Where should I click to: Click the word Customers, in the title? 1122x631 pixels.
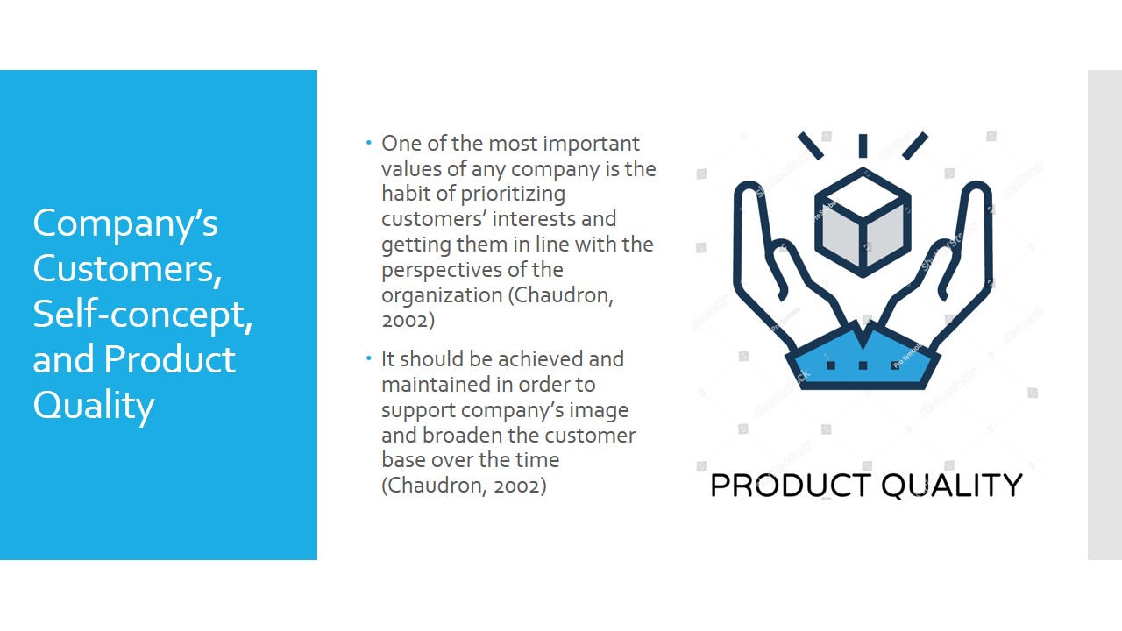(127, 269)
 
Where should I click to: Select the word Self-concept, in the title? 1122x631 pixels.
(143, 315)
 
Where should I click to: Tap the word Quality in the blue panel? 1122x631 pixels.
(94, 407)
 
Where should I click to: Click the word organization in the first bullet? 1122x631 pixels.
(442, 295)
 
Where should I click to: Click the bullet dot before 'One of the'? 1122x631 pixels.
(369, 143)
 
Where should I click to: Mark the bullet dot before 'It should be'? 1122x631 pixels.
(369, 358)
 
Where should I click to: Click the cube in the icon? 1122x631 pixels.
(863, 223)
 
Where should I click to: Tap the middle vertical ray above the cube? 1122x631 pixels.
(863, 145)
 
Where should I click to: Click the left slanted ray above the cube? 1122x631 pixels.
(811, 145)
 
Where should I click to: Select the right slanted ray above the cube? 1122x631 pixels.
(915, 145)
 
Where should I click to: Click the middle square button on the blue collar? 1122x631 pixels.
(863, 365)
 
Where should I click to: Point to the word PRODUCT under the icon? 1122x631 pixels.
(791, 486)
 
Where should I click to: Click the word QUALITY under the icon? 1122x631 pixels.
(952, 486)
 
